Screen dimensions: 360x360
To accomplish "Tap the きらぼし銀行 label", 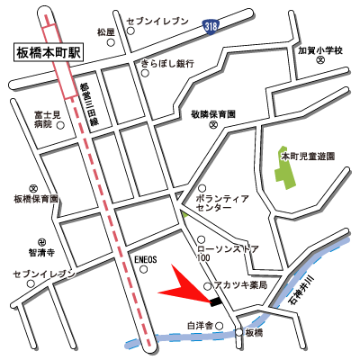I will (x=175, y=64).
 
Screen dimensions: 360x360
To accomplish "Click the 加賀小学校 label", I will (x=319, y=51).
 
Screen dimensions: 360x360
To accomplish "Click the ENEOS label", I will (x=146, y=259).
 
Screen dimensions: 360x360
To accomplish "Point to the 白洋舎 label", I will (x=199, y=325).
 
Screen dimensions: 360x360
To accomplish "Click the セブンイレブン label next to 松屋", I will (x=158, y=19).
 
